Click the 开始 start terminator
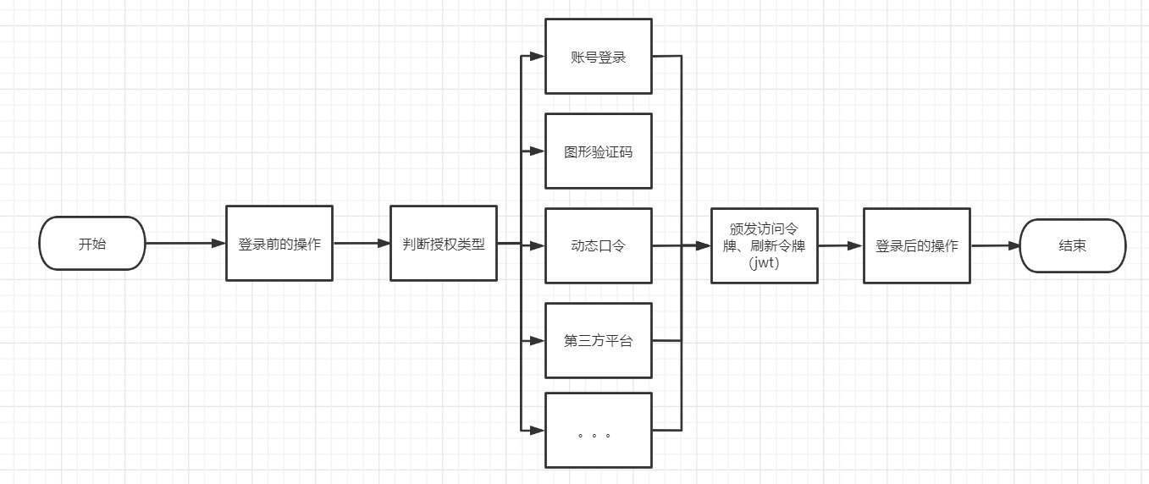92,244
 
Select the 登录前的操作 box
279,244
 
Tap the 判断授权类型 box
443,244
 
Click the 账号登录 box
598,57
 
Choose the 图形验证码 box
598,151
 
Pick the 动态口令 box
598,246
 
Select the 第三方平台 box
598,341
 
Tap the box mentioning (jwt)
764,245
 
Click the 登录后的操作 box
916,245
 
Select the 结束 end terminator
1072,245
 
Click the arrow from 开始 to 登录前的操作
185,244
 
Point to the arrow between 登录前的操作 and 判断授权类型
361,244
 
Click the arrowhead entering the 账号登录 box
537,57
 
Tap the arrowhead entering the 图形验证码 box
537,151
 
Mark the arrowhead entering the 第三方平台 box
537,341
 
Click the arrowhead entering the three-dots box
537,431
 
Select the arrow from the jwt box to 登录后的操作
840,245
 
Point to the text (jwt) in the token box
764,263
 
